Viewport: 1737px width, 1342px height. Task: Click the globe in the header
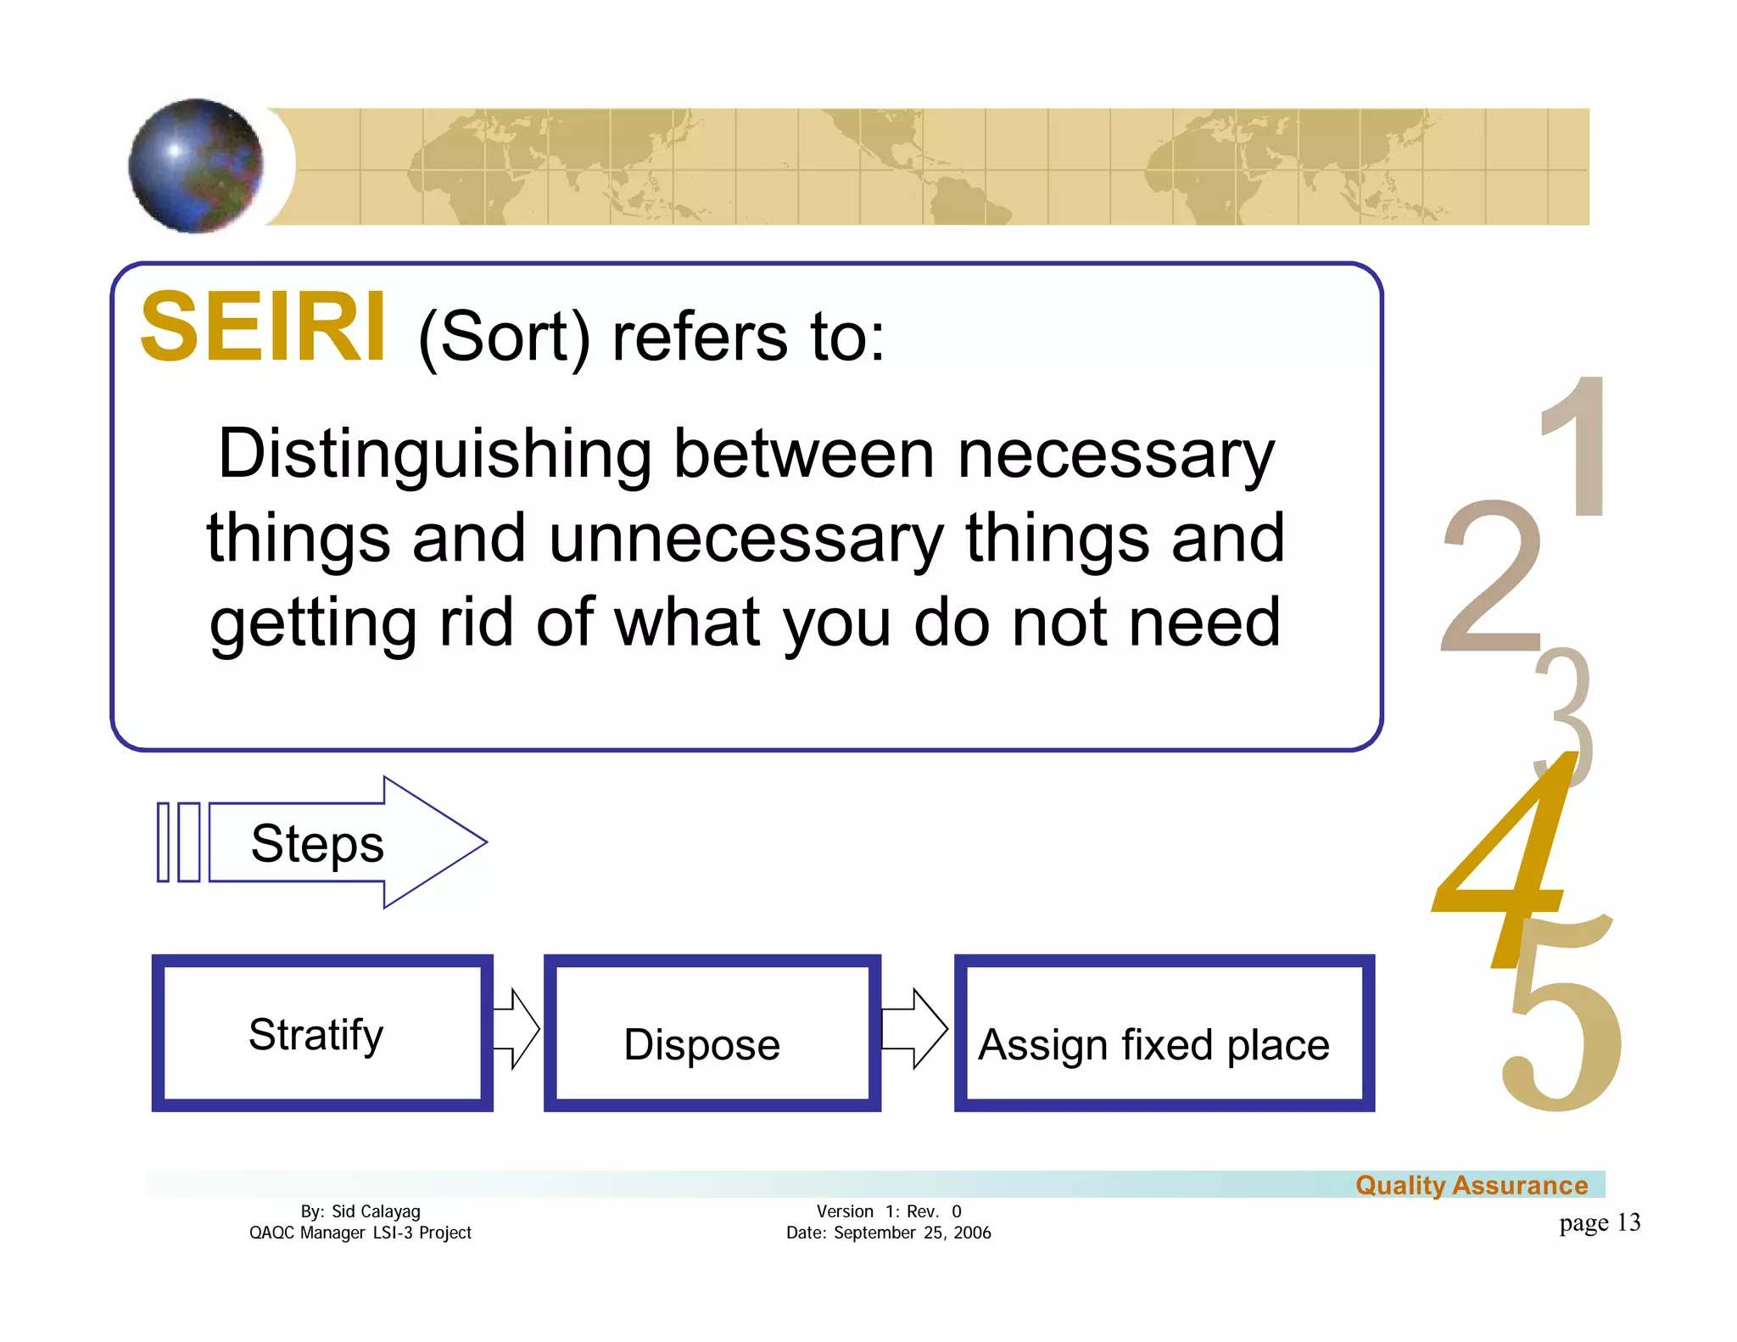tap(196, 165)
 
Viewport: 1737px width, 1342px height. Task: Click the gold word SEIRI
tap(263, 327)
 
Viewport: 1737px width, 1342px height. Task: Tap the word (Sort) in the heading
tap(504, 338)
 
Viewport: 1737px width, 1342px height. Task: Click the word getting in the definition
tap(313, 623)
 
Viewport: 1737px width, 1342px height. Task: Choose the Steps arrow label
tap(317, 843)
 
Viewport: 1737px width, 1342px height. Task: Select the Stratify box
tap(322, 1033)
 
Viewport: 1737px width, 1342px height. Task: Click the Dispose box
tap(712, 1033)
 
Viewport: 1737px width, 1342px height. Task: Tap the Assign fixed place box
tap(1164, 1033)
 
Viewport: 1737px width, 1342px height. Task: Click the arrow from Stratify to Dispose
tap(517, 1028)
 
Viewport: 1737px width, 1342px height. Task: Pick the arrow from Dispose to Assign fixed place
tap(914, 1028)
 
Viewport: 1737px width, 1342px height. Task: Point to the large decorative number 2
tap(1490, 577)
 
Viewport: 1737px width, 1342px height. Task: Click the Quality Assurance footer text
tap(1472, 1185)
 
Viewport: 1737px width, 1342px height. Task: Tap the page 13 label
tap(1600, 1222)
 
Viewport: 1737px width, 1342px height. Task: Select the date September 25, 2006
tap(912, 1233)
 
